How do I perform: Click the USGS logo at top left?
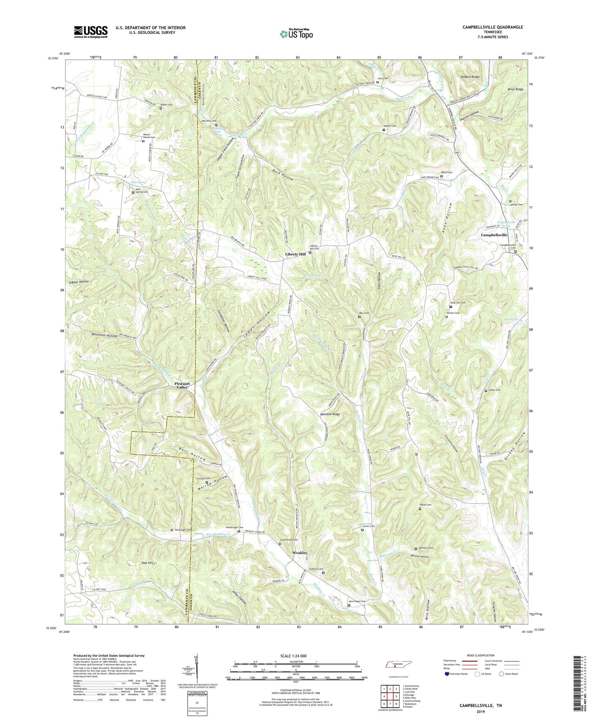(91, 31)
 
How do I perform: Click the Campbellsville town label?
(494, 235)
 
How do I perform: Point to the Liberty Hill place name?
(295, 254)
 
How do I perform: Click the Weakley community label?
(300, 552)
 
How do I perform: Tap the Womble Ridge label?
(330, 414)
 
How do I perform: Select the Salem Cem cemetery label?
(495, 390)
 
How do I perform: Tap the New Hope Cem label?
(357, 602)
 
